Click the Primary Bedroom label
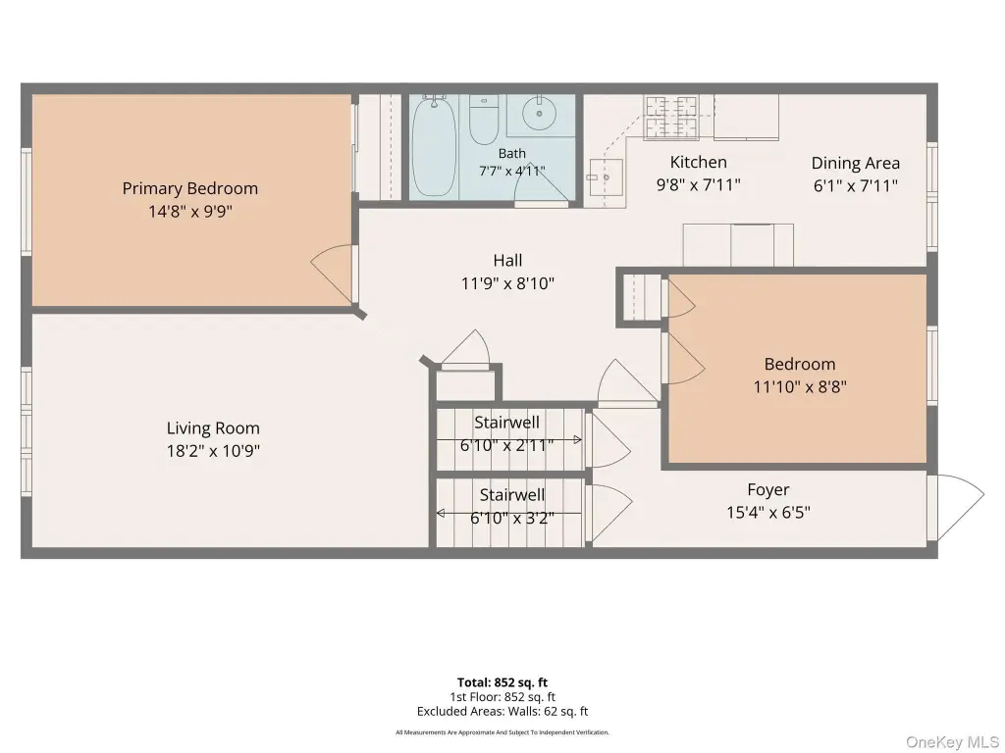190,188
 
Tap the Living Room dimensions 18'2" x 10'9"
213,451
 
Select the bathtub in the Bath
434,146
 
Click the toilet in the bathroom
484,120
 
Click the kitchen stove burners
671,117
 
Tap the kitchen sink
605,176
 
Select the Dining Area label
856,164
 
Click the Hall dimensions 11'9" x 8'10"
507,283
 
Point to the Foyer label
767,490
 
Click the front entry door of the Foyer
956,509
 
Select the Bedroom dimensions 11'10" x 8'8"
800,386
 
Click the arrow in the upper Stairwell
509,440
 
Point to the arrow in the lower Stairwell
509,513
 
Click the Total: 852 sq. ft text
502,682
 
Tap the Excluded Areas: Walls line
502,712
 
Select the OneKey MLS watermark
952,742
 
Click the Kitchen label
699,162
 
